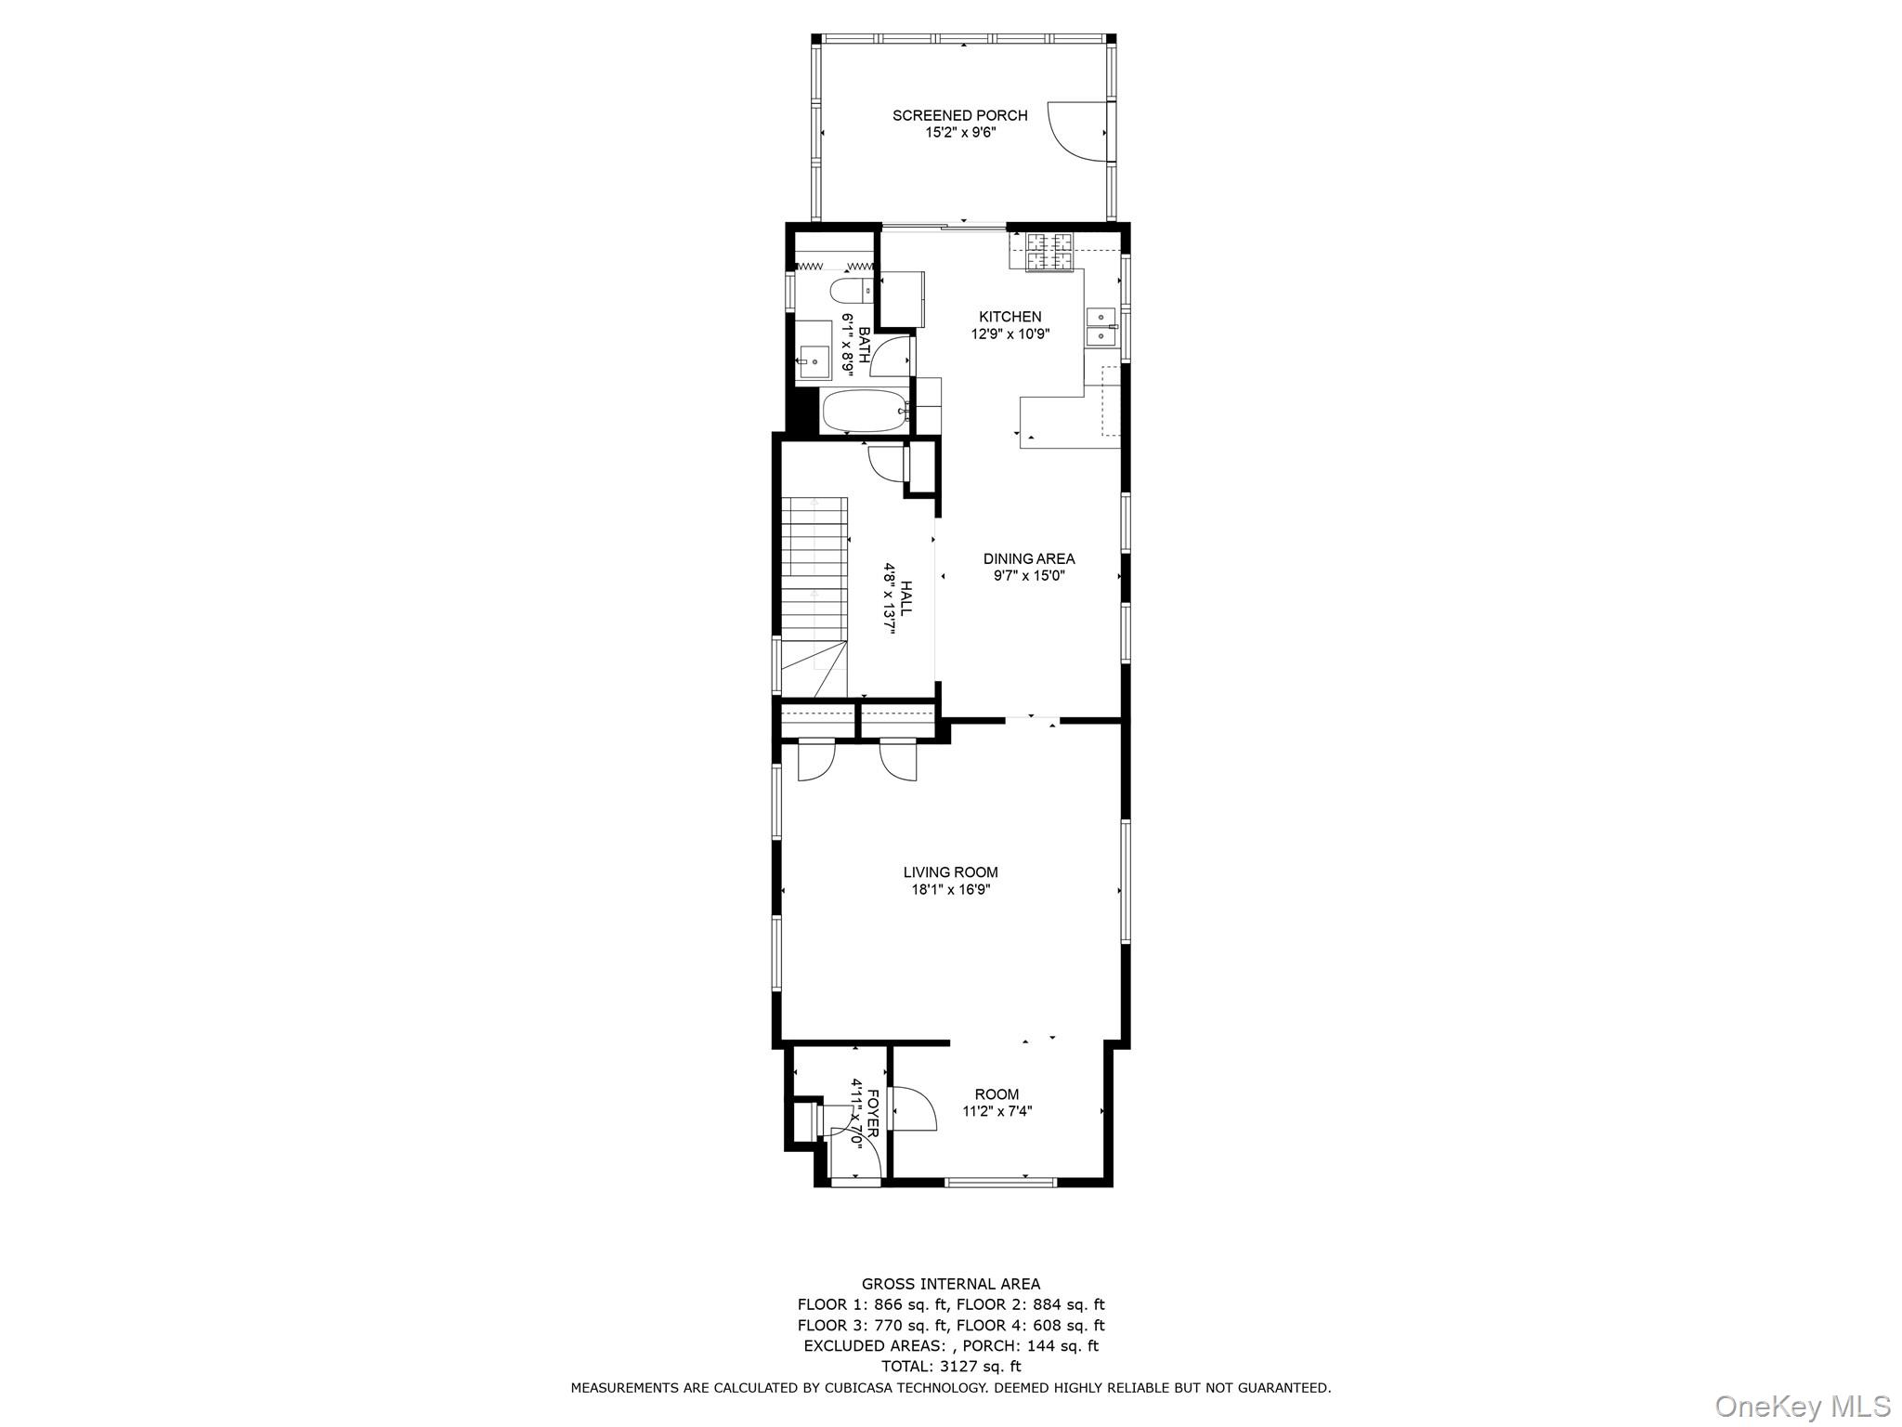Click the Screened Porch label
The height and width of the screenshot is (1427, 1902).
[x=959, y=115]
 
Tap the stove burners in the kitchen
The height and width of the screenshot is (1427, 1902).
[x=1049, y=252]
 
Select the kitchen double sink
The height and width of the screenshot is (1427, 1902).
[x=1101, y=326]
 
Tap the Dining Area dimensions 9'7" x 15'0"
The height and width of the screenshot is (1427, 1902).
[x=1028, y=576]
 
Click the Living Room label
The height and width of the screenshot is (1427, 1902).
[x=950, y=871]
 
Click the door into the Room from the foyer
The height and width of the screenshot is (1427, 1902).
[x=912, y=1108]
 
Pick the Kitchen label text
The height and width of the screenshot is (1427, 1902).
[x=1010, y=317]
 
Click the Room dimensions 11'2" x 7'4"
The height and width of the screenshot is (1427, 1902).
[x=997, y=1111]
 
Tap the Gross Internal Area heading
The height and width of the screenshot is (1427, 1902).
[x=950, y=1284]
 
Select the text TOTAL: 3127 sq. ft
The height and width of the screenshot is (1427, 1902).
[x=950, y=1366]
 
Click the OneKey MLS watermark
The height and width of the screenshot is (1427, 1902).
[x=1801, y=1406]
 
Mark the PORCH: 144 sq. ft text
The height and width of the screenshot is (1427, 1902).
[x=1030, y=1345]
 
